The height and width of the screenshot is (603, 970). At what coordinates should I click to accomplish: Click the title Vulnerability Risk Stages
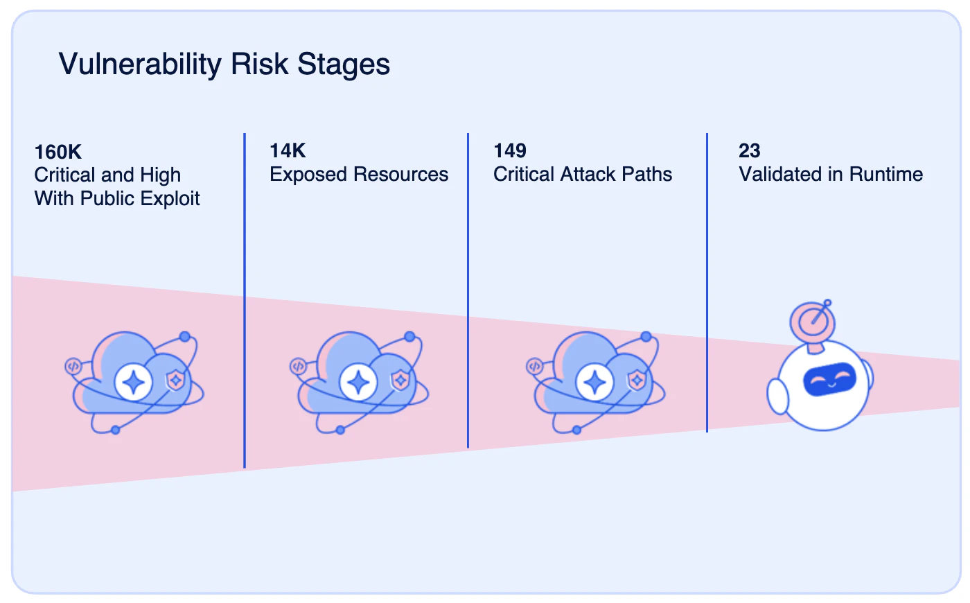[224, 64]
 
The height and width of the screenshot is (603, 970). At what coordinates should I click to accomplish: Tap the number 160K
[58, 152]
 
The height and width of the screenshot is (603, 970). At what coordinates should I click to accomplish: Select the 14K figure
[288, 151]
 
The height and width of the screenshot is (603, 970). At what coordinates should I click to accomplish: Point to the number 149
[510, 151]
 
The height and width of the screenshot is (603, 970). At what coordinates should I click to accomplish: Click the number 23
[749, 151]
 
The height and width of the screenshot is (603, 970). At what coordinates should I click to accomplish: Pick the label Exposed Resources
[359, 174]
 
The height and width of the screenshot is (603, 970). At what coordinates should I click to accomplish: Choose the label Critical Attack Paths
[583, 174]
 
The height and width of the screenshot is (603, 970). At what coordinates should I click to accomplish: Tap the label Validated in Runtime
[831, 174]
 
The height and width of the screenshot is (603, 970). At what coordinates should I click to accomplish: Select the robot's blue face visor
[830, 380]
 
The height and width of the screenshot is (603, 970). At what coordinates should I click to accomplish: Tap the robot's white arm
[777, 396]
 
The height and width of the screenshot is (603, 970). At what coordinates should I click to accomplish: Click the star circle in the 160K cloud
[133, 383]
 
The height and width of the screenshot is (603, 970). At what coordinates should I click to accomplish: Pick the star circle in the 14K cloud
[358, 383]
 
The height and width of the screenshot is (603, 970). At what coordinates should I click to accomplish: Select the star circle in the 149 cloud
[594, 383]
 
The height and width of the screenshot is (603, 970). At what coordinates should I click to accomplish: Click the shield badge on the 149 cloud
[637, 381]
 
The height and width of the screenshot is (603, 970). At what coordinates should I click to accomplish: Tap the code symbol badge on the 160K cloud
[73, 367]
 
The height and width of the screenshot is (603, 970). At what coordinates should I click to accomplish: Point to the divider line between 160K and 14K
[245, 301]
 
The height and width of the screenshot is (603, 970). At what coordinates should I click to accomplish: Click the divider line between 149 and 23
[707, 283]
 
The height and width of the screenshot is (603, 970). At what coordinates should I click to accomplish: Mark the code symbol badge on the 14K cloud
[298, 367]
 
